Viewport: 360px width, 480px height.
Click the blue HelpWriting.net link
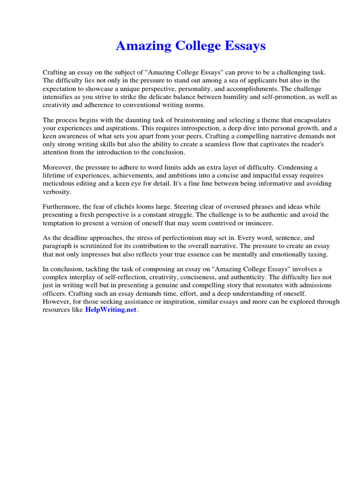tap(111, 310)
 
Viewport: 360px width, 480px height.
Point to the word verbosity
tap(57, 192)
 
